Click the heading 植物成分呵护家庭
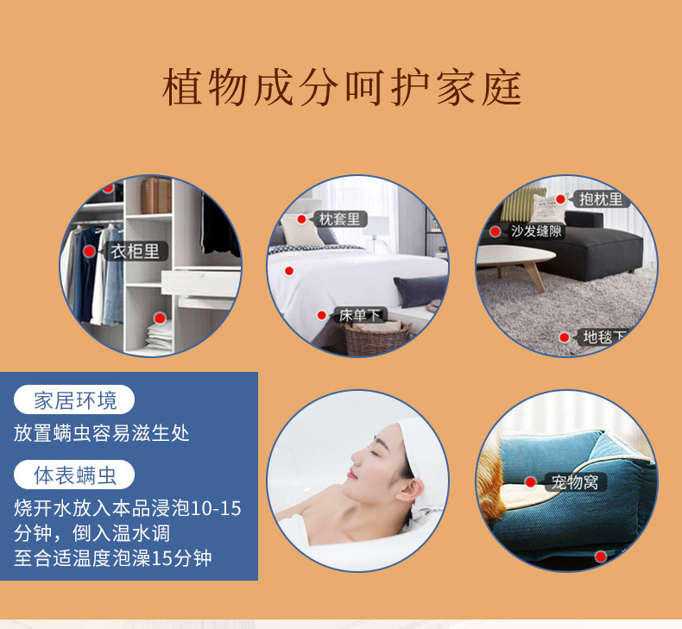[342, 87]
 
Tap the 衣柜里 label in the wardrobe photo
[136, 251]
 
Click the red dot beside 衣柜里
[89, 251]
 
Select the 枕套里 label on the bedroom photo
[339, 218]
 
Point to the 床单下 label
[359, 315]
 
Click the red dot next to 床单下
[321, 315]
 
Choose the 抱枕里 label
[601, 199]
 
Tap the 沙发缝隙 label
[536, 231]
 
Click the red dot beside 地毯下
[564, 337]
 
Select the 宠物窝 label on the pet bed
[575, 482]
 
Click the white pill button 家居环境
[74, 399]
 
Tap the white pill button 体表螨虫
[74, 475]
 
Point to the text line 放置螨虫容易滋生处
[101, 433]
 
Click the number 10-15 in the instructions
[216, 508]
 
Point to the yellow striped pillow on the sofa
[522, 204]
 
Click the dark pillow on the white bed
[420, 291]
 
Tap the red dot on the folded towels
[160, 318]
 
